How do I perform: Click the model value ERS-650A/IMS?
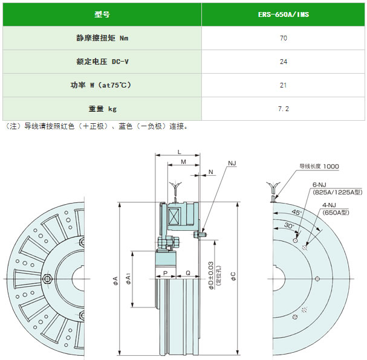[284, 14]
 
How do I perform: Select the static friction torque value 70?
[284, 38]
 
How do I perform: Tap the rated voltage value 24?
[284, 62]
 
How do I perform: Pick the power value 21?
[284, 85]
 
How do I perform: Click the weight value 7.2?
[284, 109]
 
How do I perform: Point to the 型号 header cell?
[102, 14]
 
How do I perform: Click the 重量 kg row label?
[103, 109]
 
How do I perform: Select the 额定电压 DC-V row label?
[103, 62]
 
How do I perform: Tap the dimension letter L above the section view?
[180, 152]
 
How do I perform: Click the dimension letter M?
[184, 162]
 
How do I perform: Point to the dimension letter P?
[165, 273]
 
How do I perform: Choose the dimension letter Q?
[188, 273]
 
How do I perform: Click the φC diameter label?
[233, 276]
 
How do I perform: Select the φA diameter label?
[115, 280]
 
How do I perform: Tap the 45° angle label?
[296, 212]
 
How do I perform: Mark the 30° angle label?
[289, 225]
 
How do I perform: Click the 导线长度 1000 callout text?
[319, 167]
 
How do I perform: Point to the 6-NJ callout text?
[319, 185]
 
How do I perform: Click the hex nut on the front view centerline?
[47, 278]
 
